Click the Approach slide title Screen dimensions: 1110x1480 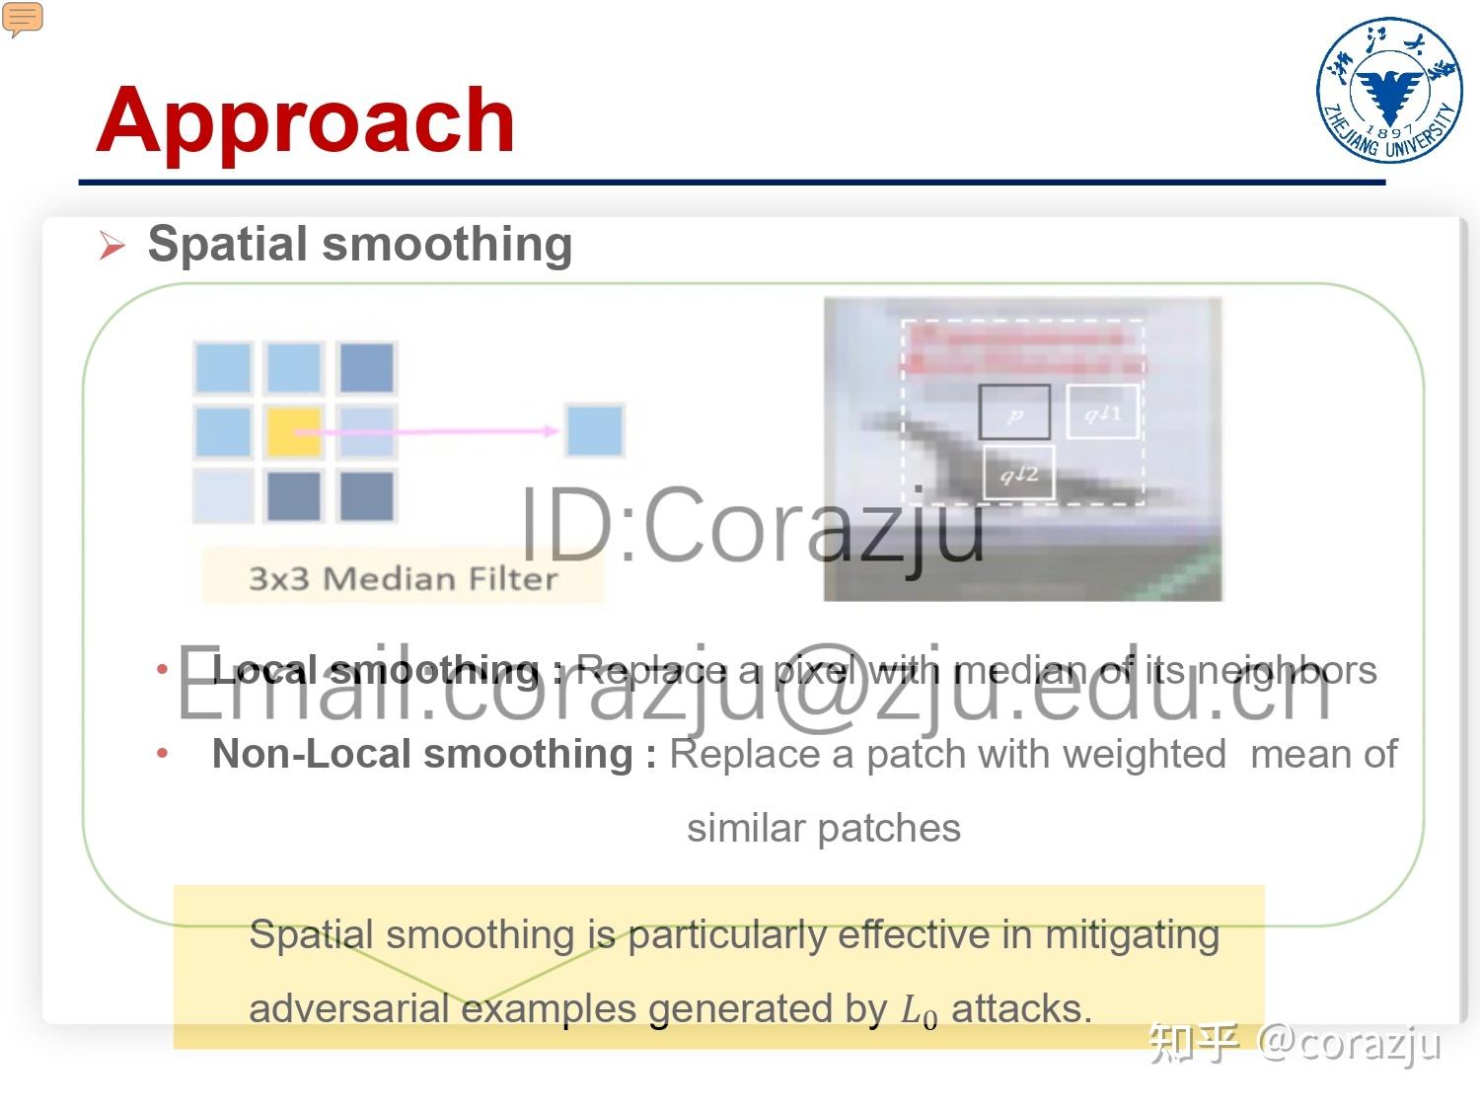(306, 120)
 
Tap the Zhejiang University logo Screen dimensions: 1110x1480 (1389, 89)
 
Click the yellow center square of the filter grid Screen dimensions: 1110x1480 (293, 431)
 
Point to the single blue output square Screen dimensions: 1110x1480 (594, 430)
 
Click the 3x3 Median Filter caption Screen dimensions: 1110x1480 (403, 577)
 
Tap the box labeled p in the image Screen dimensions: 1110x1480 (1013, 412)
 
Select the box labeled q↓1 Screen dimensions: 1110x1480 (1102, 411)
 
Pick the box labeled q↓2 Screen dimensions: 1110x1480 (1019, 473)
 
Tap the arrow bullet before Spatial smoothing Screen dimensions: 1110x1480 (111, 246)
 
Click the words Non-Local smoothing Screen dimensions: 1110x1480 (422, 755)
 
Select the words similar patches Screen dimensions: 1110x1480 (823, 828)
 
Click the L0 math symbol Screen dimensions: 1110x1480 (919, 1011)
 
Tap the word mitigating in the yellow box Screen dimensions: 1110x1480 (1132, 934)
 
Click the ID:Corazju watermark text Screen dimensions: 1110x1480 (752, 525)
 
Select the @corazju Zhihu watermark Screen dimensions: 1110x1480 (1349, 1043)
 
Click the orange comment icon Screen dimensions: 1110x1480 (23, 19)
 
